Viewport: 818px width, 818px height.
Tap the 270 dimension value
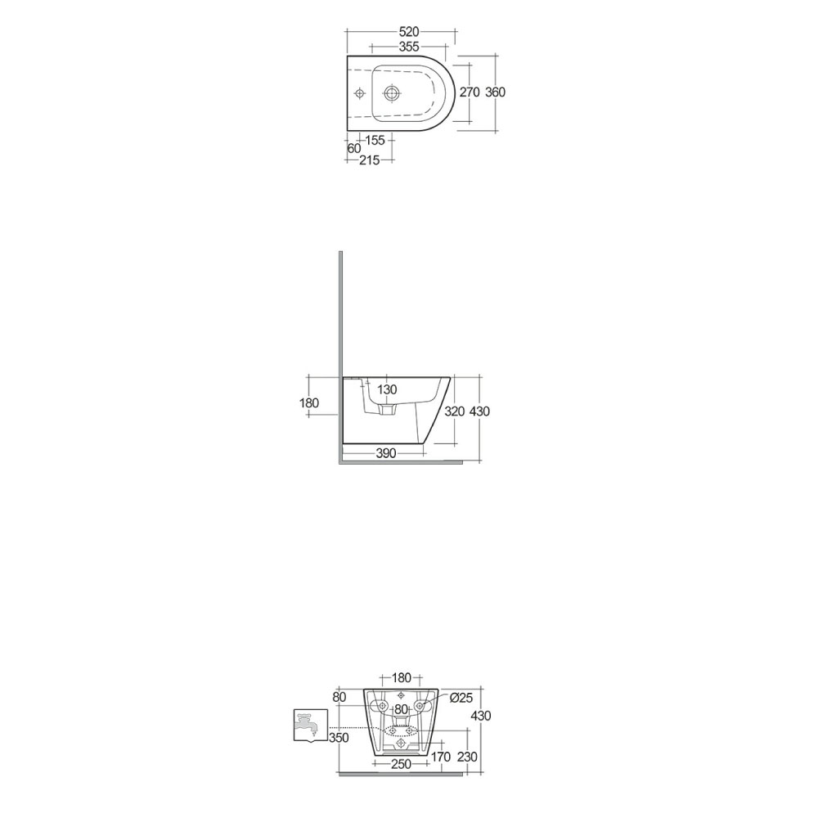tap(469, 92)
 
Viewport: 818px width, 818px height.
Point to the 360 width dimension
tap(496, 92)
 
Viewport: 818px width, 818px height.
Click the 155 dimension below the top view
tap(375, 141)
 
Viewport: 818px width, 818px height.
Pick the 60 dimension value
tap(353, 149)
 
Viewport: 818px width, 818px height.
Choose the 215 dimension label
tap(369, 161)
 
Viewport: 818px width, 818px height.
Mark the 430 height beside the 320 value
tap(479, 411)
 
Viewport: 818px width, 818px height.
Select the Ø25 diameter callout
tap(461, 697)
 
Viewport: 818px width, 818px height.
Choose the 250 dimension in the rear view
tap(399, 764)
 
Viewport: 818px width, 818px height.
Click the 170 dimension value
tap(440, 757)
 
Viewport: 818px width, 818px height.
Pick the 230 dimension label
tap(467, 757)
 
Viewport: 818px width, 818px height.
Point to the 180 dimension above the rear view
tap(402, 677)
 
